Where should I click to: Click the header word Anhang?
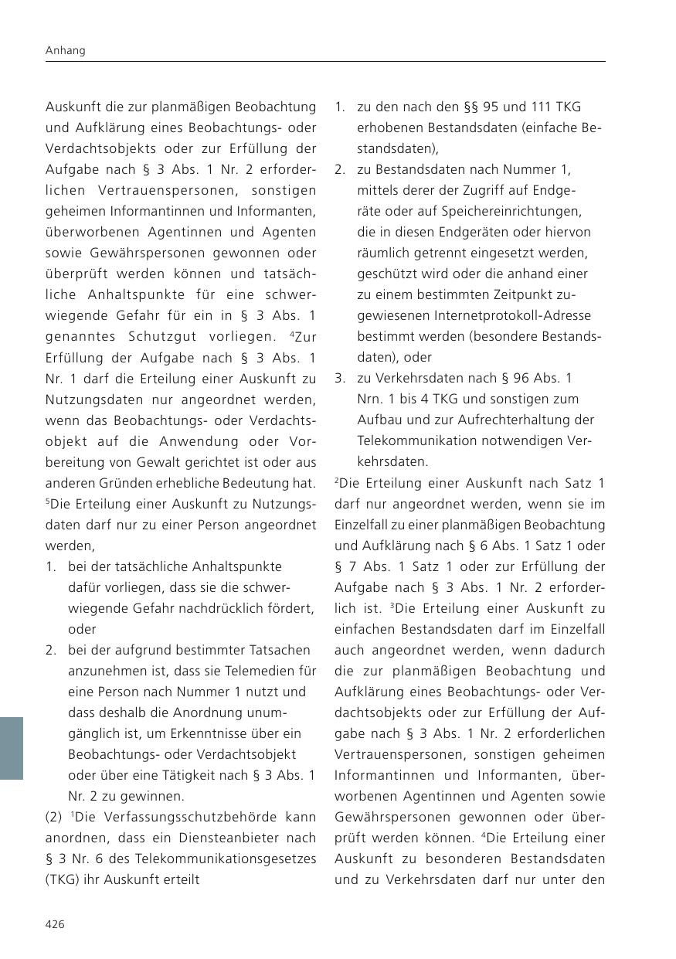click(x=65, y=50)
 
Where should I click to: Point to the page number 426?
click(x=55, y=924)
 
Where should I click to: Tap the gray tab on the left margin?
click(x=12, y=747)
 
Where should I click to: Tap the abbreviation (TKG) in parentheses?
click(x=62, y=879)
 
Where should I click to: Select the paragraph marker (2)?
click(x=54, y=817)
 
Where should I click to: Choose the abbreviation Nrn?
click(x=369, y=399)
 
